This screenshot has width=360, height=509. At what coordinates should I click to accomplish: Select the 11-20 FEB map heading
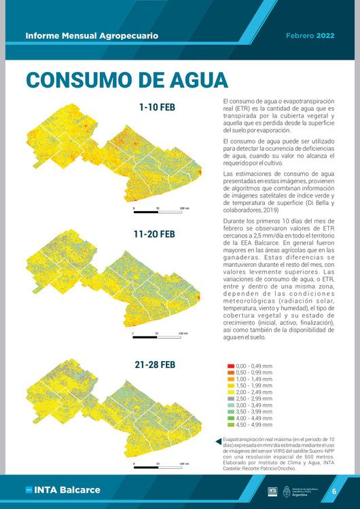pos(154,234)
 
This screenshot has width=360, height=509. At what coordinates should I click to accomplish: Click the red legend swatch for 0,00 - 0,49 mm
pos(231,366)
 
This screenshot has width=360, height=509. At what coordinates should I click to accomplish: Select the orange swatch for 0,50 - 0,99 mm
pos(231,373)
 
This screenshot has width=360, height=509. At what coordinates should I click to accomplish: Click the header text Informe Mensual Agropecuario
pos(91,35)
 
